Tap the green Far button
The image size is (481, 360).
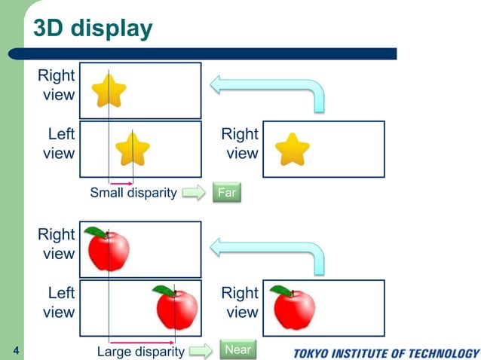tap(226, 193)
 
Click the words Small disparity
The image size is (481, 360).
tap(133, 193)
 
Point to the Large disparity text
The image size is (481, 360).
tap(141, 351)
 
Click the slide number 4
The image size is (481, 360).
tap(17, 351)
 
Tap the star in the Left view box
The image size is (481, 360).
tap(133, 148)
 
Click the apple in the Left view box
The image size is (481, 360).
tap(176, 308)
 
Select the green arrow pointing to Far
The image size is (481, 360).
tap(194, 193)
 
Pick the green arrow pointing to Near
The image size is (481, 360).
tap(200, 350)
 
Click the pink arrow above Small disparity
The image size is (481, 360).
tap(121, 182)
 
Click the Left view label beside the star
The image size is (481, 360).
tap(59, 144)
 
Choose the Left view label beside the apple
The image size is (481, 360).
tap(59, 302)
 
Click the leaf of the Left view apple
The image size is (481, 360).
tap(163, 289)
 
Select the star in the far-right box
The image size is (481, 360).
tap(292, 149)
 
